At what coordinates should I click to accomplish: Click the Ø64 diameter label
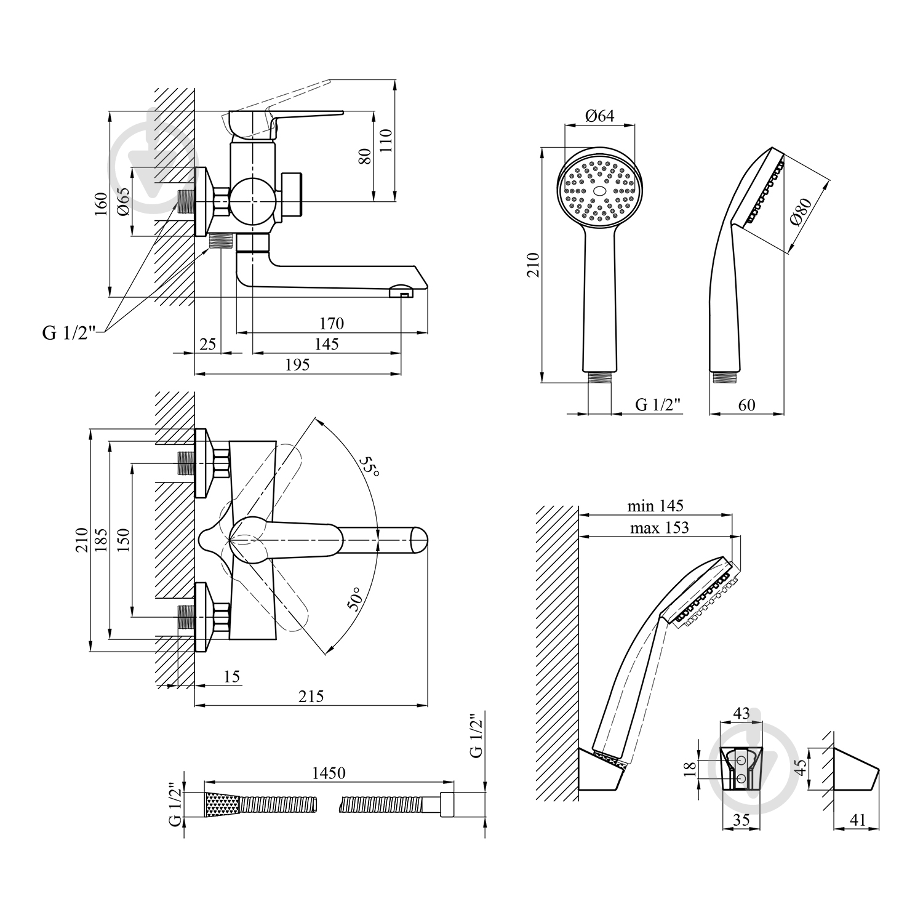point(599,116)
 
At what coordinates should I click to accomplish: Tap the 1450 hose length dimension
point(328,773)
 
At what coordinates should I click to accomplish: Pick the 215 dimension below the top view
point(311,696)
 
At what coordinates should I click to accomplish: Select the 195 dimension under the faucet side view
point(297,364)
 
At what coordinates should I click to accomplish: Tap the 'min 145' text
point(655,506)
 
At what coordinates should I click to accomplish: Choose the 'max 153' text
point(659,527)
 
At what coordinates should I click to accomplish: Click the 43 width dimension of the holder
point(741,713)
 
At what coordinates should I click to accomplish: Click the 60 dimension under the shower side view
point(746,405)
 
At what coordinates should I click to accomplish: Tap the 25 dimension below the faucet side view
point(209,343)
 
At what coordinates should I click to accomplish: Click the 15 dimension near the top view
point(231,677)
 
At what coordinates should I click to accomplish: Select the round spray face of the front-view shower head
point(601,190)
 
